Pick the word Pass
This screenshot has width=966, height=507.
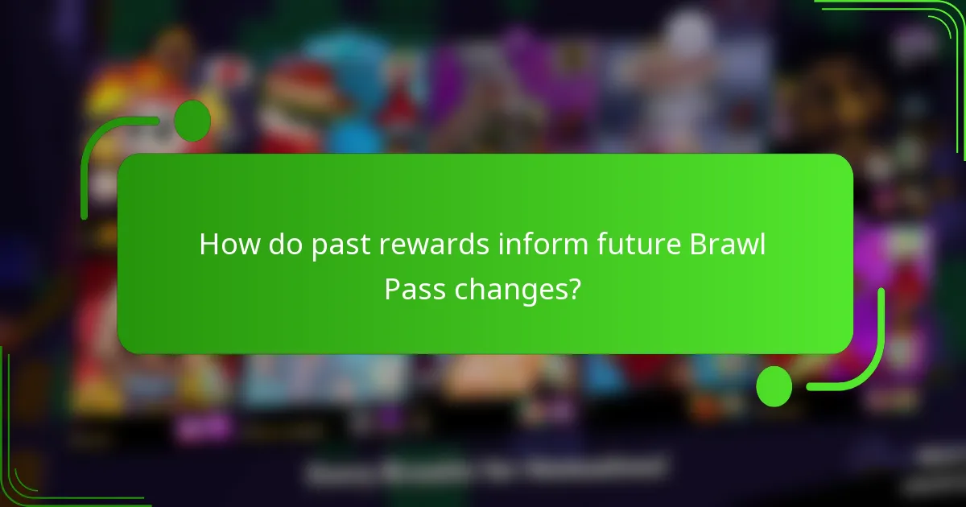(415, 287)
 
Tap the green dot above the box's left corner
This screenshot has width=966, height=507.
(192, 121)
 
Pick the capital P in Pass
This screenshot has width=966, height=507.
(392, 287)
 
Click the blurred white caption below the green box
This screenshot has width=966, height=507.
(487, 469)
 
